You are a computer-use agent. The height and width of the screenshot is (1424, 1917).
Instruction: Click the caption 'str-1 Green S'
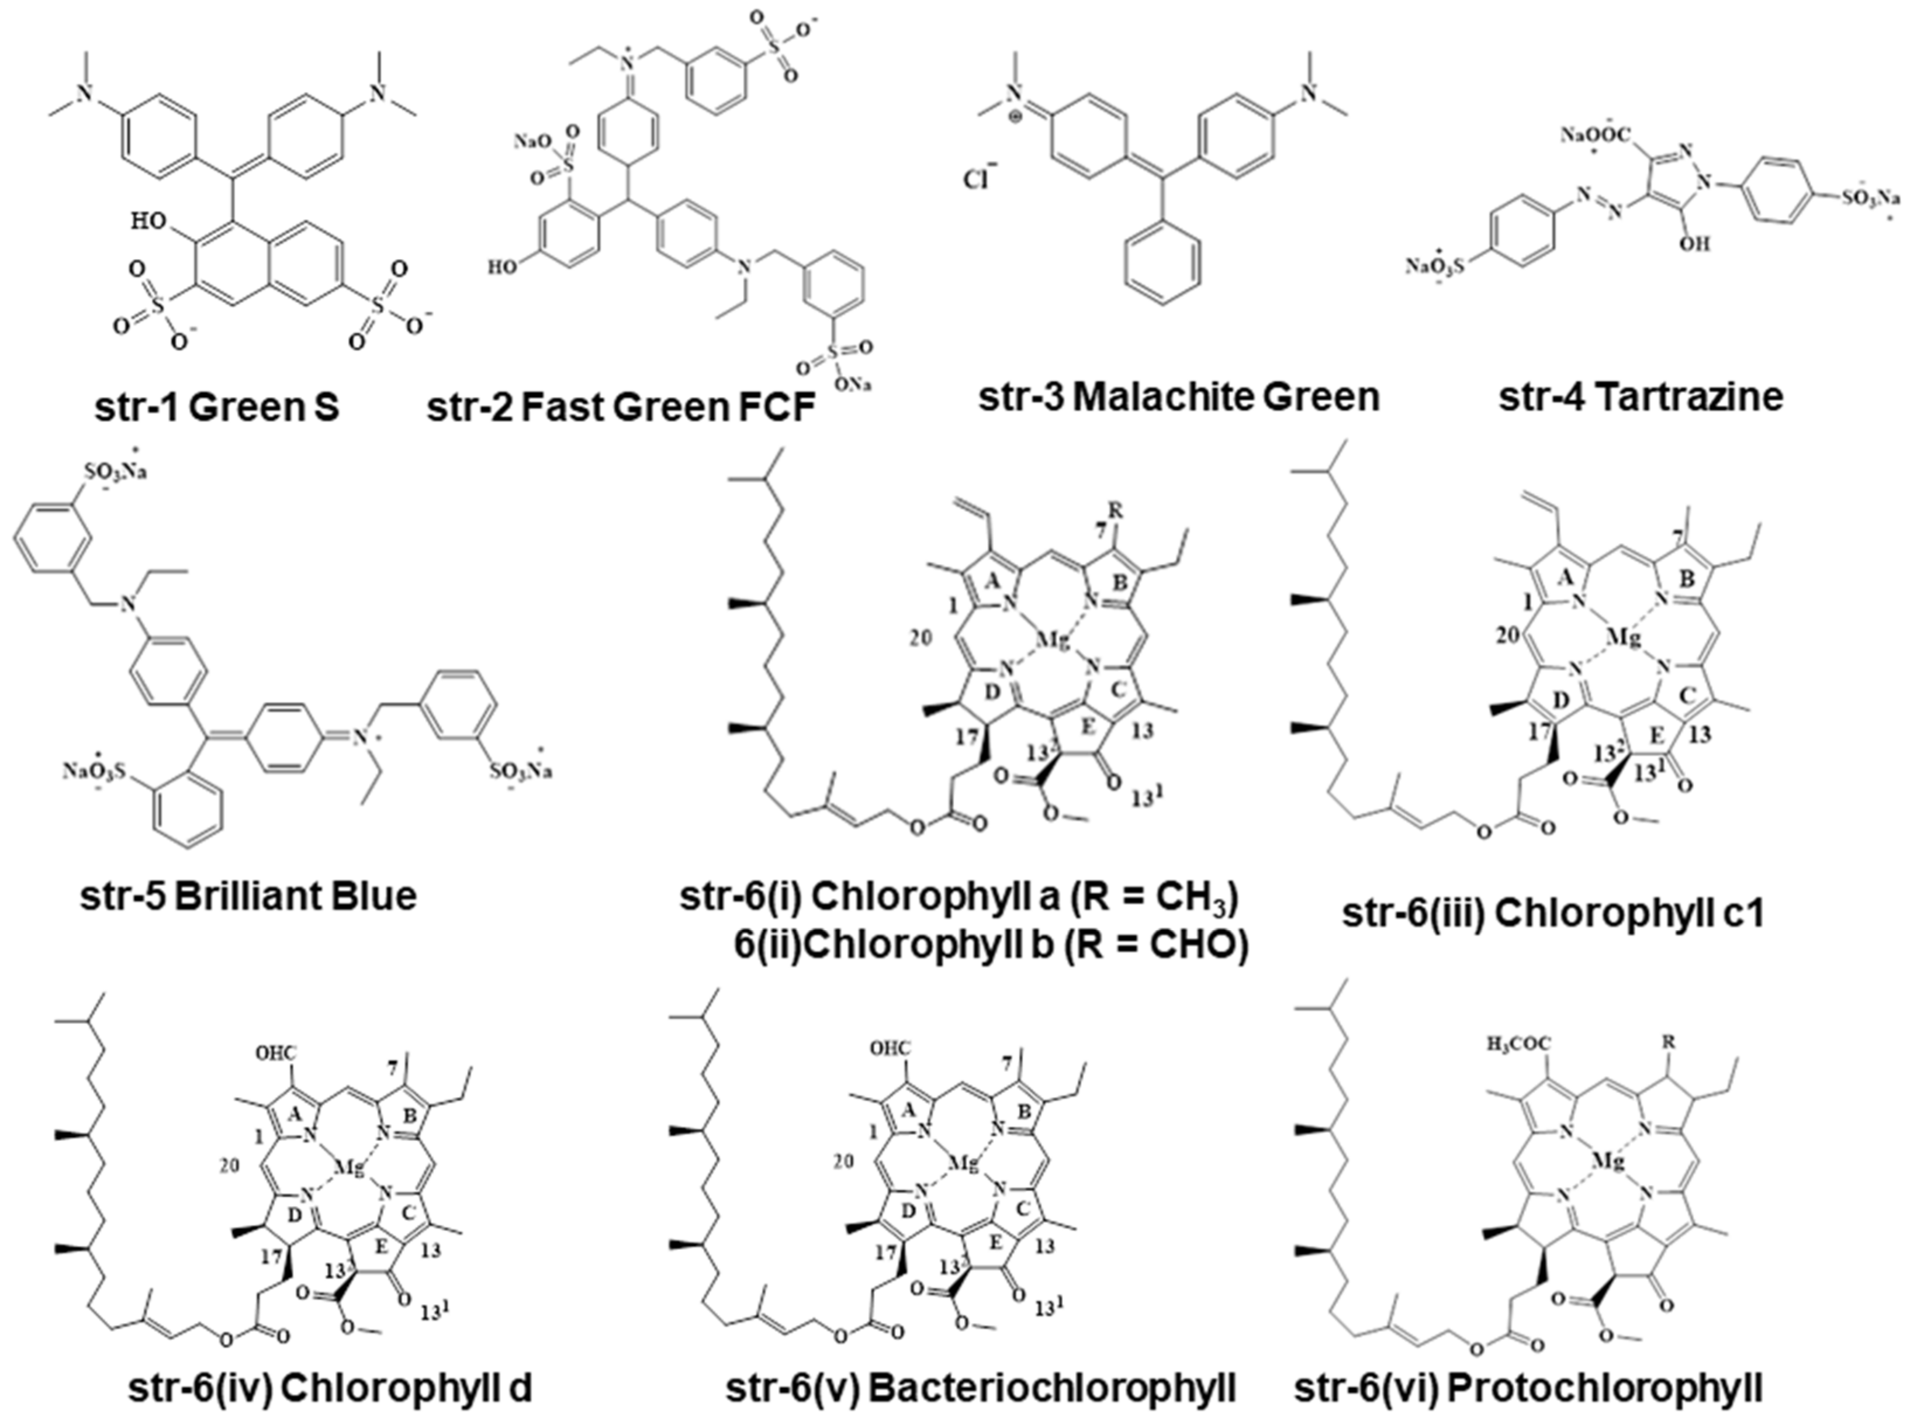pos(217,407)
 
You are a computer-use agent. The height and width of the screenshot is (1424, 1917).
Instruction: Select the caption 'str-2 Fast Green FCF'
pos(620,407)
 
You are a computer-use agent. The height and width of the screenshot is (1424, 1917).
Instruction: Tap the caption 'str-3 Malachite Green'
pos(1179,396)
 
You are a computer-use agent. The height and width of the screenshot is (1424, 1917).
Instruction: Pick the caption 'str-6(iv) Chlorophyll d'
pos(330,1388)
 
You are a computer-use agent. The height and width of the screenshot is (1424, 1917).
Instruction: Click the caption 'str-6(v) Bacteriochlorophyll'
pos(981,1388)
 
